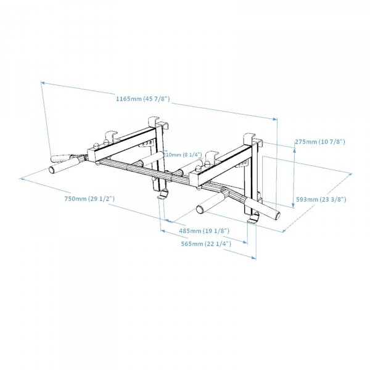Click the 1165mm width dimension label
[x=142, y=99]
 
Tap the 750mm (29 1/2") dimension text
[x=89, y=199]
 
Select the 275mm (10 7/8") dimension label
[x=320, y=142]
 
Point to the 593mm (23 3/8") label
[x=321, y=199]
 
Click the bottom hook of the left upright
[x=162, y=195]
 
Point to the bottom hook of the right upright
[x=252, y=220]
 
